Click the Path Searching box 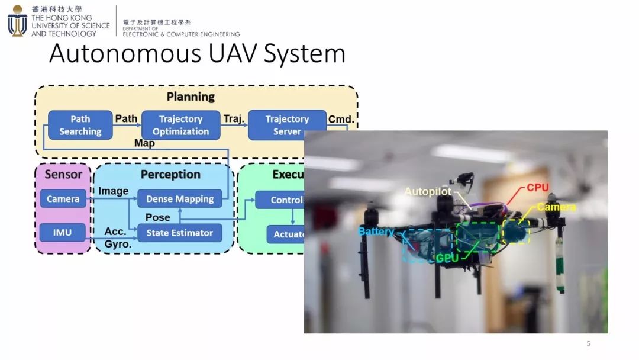[x=80, y=125]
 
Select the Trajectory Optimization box [x=180, y=125]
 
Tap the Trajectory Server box [x=287, y=125]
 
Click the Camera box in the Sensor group [x=63, y=199]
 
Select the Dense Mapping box [x=179, y=199]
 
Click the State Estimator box [x=179, y=233]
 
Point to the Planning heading [x=191, y=97]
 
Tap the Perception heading [x=170, y=174]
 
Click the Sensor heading [x=63, y=174]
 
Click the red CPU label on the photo [x=537, y=188]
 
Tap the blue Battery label [x=376, y=232]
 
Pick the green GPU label [x=448, y=258]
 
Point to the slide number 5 [x=588, y=343]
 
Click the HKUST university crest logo [x=17, y=21]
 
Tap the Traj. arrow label [x=234, y=119]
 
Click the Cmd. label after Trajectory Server [x=341, y=119]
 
